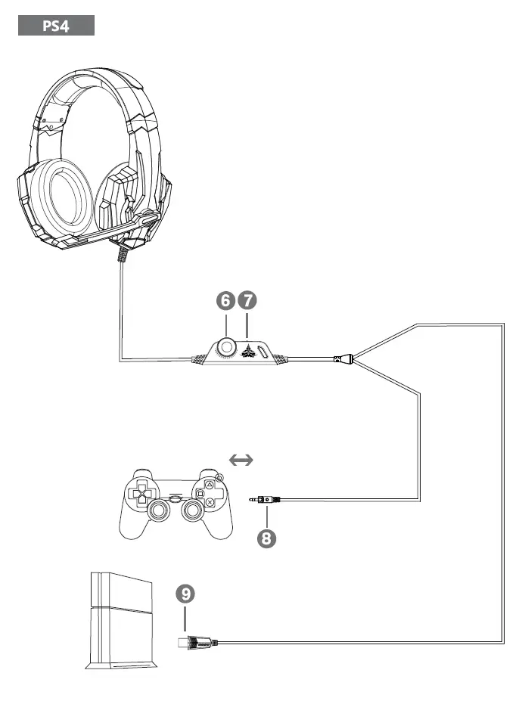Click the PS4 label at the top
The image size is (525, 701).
(56, 26)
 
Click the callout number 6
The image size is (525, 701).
(225, 301)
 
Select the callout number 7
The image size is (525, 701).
(247, 301)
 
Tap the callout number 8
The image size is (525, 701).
(267, 538)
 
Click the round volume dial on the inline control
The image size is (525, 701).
(226, 347)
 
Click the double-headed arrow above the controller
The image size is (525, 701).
(241, 459)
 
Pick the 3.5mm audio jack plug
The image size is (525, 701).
(264, 499)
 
